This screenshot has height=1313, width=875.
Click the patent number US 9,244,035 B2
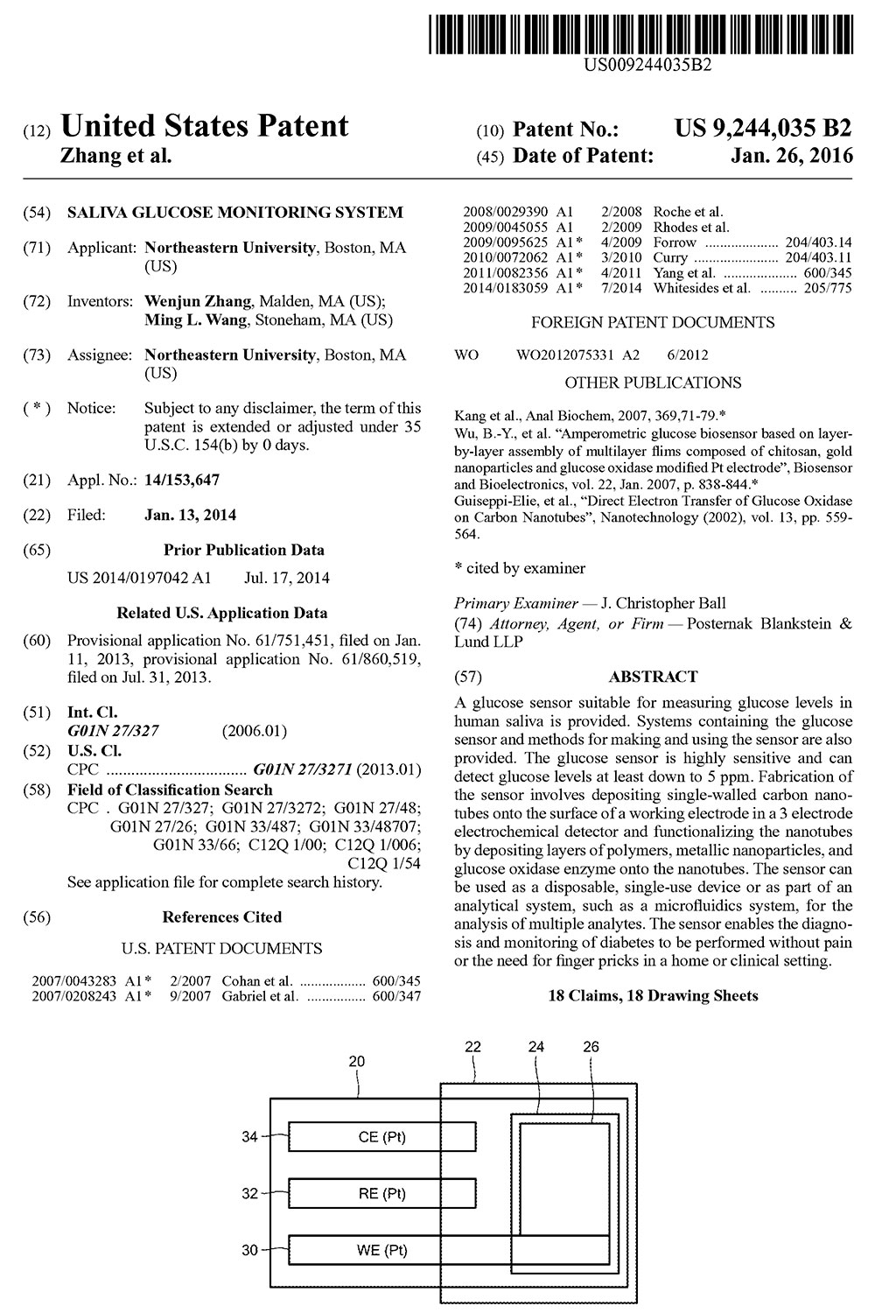click(762, 129)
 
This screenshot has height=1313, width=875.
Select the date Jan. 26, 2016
click(791, 156)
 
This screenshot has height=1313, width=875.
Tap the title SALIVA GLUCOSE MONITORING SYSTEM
click(235, 212)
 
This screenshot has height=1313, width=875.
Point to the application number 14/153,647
click(182, 479)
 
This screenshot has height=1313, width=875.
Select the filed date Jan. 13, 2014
click(190, 515)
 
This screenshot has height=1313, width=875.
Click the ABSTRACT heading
click(653, 677)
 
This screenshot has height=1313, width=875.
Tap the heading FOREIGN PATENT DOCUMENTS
click(653, 322)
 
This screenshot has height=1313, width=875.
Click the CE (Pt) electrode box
click(382, 1137)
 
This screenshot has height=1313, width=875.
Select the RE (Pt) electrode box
click(382, 1193)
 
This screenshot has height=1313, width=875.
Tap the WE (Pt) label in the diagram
click(382, 1250)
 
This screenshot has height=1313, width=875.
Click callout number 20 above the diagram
click(357, 1061)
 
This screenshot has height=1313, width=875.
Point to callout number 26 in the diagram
click(591, 1046)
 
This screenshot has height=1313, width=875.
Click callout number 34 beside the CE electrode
click(250, 1137)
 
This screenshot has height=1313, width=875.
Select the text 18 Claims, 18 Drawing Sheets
click(653, 995)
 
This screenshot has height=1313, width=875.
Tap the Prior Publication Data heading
click(243, 551)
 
